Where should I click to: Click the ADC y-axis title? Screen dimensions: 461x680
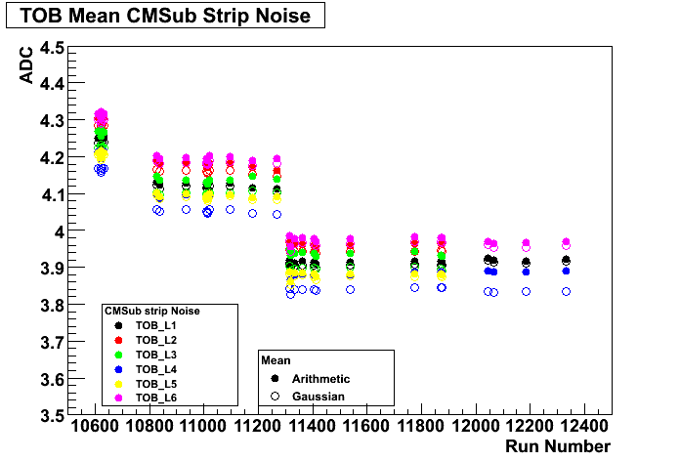pyautogui.click(x=25, y=68)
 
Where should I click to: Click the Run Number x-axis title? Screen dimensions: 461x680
pyautogui.click(x=558, y=446)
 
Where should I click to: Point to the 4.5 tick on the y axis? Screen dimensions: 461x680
pyautogui.click(x=51, y=48)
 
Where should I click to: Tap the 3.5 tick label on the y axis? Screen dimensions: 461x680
pyautogui.click(x=51, y=416)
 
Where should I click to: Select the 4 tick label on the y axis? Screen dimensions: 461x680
pyautogui.click(x=59, y=231)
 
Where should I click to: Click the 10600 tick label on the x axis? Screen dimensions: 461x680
pyautogui.click(x=96, y=427)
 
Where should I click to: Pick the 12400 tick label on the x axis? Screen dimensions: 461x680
pyautogui.click(x=585, y=427)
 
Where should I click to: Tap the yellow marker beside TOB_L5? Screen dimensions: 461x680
pyautogui.click(x=118, y=383)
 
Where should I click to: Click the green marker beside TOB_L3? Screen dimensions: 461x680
pyautogui.click(x=118, y=354)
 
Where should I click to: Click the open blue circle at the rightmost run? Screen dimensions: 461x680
pyautogui.click(x=566, y=292)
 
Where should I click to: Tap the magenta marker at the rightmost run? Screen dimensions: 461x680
pyautogui.click(x=566, y=242)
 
